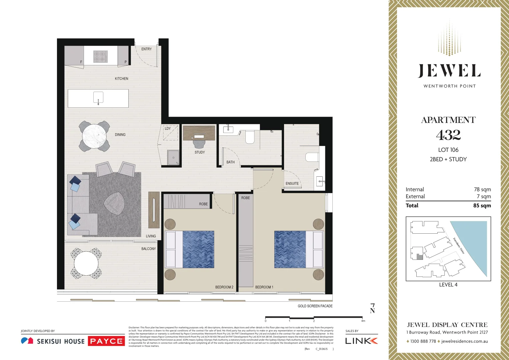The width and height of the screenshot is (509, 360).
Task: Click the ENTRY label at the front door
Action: [146, 49]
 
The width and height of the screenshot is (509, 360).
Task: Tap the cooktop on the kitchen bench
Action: [100, 56]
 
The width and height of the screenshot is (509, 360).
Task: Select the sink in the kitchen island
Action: [98, 97]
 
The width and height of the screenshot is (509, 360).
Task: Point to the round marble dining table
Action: [94, 136]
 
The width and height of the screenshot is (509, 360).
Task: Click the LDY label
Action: [168, 128]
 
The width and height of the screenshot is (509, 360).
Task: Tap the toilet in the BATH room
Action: [250, 137]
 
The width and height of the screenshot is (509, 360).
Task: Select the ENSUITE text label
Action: [292, 183]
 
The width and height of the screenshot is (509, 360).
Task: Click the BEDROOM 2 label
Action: [224, 287]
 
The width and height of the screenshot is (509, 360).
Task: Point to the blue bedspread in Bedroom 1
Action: [290, 250]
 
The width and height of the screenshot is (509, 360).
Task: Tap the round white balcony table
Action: [86, 263]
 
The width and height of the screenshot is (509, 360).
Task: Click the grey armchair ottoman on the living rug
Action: [115, 203]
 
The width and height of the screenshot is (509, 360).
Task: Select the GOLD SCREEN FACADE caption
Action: [315, 306]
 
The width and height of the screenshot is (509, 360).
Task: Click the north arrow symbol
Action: [372, 308]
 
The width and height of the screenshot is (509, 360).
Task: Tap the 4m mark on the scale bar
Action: [363, 321]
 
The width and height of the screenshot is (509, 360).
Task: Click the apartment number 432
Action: [448, 135]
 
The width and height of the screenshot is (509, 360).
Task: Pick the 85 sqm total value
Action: [482, 205]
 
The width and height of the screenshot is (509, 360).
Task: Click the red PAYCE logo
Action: [106, 341]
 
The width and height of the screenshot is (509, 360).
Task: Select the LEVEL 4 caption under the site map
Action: [448, 285]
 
